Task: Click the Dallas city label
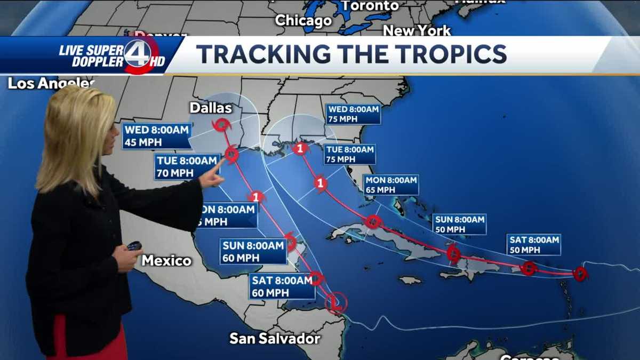click(x=211, y=108)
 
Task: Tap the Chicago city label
click(x=303, y=21)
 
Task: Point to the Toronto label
click(x=370, y=6)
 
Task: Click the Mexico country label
click(x=166, y=261)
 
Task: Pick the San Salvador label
click(x=275, y=338)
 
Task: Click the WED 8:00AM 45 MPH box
click(x=156, y=136)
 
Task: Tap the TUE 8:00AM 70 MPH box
click(x=187, y=166)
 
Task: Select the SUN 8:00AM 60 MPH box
click(x=253, y=252)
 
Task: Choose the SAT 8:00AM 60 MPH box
click(x=282, y=286)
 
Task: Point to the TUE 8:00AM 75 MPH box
click(x=349, y=154)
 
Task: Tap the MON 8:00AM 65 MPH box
click(x=391, y=185)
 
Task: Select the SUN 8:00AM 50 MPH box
click(x=459, y=224)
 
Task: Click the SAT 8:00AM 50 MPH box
click(x=533, y=245)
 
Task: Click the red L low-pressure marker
click(x=336, y=303)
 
